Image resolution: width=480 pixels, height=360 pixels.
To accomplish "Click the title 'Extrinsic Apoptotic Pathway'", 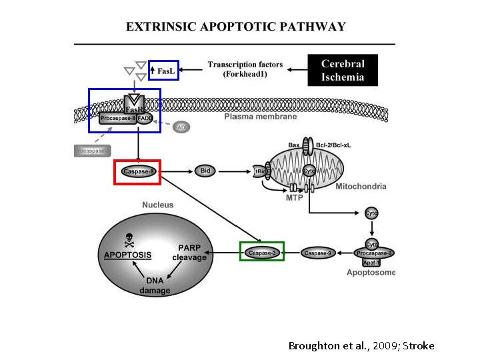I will tap(236, 27).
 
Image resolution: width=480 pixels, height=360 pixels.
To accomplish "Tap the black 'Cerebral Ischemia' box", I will tap(343, 70).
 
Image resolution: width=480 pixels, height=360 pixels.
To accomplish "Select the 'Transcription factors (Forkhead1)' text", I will tap(245, 69).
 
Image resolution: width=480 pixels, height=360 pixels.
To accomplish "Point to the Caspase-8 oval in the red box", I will tap(139, 171).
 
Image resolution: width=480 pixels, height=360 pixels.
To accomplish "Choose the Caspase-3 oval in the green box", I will tap(261, 253).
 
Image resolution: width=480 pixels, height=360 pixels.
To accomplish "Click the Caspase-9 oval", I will tap(317, 253).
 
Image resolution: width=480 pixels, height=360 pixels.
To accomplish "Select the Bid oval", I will tap(205, 171).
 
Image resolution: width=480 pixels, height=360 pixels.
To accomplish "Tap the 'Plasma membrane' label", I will tap(260, 117).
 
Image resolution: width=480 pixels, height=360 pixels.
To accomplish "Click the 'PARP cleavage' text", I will tap(189, 253).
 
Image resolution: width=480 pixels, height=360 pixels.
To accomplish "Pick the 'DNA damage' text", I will tap(155, 285).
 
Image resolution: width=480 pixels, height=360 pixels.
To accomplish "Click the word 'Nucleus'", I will tap(157, 205).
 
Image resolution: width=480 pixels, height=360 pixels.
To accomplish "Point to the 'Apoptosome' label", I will tap(371, 273).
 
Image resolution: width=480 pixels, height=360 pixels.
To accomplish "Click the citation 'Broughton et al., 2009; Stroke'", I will tap(361, 345).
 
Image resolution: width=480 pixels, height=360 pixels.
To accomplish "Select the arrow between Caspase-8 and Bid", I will tap(177, 171).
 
